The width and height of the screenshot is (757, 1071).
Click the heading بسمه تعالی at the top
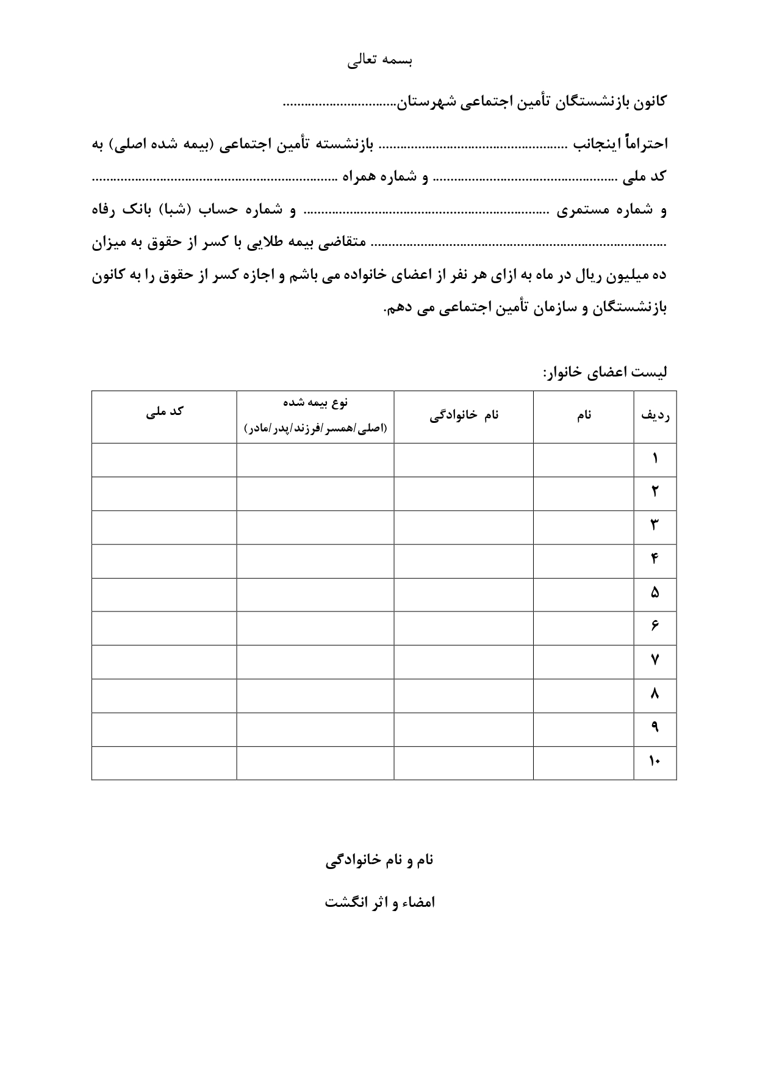[380, 61]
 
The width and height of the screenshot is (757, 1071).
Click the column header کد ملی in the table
[165, 411]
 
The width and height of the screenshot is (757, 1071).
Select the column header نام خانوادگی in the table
[464, 415]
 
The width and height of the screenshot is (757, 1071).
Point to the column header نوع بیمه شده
[315, 403]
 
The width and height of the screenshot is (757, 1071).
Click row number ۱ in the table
[655, 459]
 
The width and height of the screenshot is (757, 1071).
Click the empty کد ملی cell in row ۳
[164, 527]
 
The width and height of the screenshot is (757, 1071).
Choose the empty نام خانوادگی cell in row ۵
[464, 594]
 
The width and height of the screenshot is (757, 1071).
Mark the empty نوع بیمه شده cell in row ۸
[315, 695]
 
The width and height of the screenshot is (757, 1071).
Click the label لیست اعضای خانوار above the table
[605, 372]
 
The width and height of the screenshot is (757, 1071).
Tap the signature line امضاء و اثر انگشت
[379, 903]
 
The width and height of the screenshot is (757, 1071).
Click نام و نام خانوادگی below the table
[379, 860]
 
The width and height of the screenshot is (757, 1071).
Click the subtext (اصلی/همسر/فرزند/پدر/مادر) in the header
[315, 428]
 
